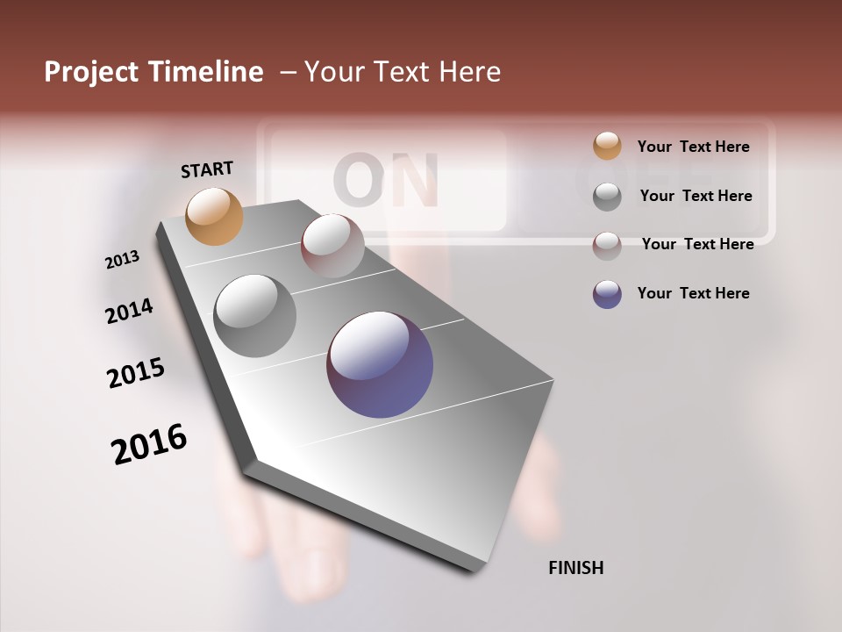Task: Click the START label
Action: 207,169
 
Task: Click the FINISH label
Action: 575,568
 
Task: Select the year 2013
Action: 123,260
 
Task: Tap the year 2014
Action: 130,312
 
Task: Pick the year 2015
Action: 136,374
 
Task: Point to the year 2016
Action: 150,443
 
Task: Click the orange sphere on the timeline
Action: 215,216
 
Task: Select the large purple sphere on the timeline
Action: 380,364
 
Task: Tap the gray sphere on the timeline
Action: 255,316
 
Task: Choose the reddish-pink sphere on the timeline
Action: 332,246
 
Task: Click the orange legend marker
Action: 607,146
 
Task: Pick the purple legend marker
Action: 607,294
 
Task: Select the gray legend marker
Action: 607,197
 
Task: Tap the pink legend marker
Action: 607,245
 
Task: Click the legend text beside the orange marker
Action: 693,147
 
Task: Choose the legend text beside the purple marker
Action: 693,293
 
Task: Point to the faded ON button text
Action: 386,182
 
